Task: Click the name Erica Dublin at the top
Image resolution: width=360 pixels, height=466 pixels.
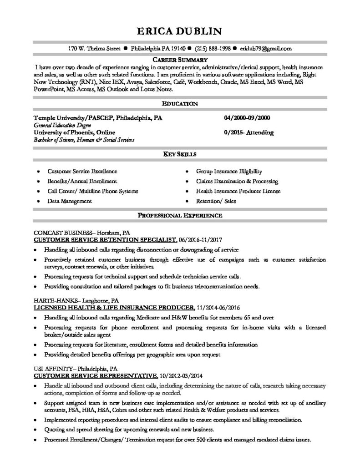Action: [180, 31]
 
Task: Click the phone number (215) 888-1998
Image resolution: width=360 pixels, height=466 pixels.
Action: [212, 48]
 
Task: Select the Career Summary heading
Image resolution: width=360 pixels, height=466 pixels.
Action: [180, 60]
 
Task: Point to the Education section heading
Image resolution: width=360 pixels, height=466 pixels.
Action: [180, 104]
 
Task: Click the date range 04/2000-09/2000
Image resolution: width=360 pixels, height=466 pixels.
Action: [247, 117]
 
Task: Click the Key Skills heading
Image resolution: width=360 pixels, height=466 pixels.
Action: [180, 155]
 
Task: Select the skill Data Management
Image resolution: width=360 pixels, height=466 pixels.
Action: [70, 201]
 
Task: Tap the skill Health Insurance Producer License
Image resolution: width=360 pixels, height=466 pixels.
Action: [238, 191]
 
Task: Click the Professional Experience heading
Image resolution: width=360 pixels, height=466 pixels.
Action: [180, 214]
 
